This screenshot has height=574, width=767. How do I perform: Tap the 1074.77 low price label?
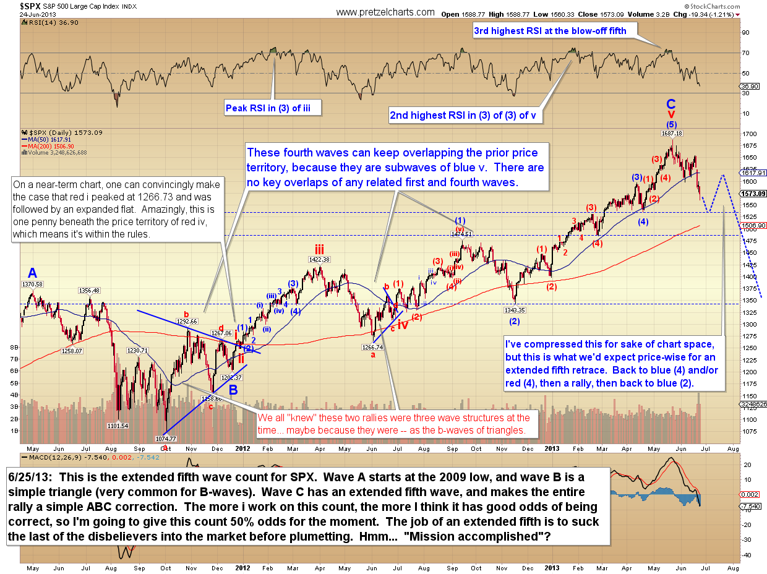165,439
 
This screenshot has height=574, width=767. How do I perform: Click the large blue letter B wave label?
234,390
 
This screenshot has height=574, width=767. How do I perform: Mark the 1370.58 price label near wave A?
33,284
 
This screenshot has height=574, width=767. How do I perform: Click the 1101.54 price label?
117,426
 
